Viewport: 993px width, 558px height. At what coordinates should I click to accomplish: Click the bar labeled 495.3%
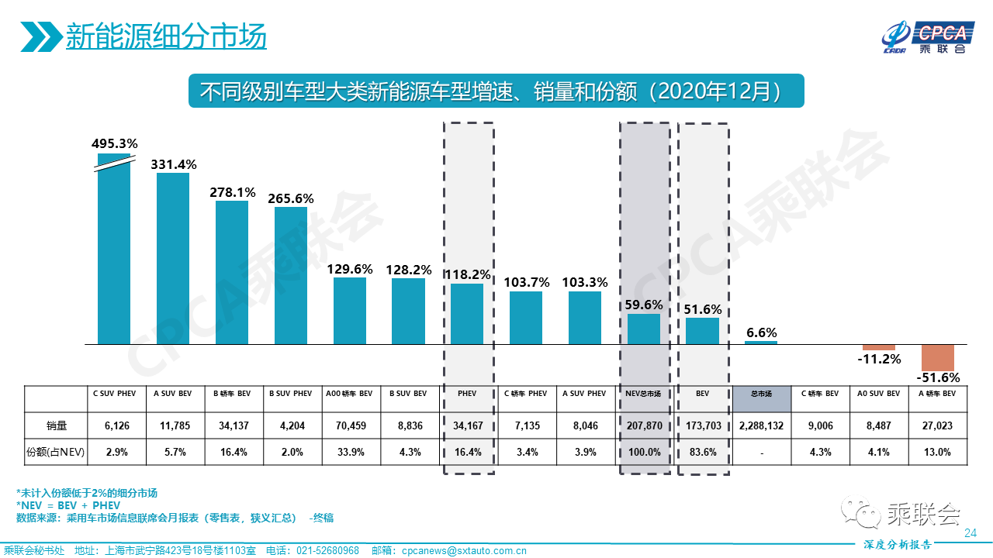click(x=113, y=248)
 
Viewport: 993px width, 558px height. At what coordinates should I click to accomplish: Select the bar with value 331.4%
click(x=173, y=258)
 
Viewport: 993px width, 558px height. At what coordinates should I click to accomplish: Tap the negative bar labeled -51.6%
click(x=938, y=357)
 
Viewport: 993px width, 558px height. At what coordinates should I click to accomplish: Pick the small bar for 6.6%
click(x=761, y=342)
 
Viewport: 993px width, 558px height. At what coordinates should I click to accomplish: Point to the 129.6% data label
click(x=350, y=269)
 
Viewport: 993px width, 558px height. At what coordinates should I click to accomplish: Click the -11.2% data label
click(x=879, y=359)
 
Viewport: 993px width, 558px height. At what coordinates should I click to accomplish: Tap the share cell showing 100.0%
click(x=644, y=452)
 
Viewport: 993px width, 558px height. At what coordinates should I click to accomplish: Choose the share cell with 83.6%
click(x=702, y=452)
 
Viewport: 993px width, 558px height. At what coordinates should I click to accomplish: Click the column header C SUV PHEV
click(x=114, y=394)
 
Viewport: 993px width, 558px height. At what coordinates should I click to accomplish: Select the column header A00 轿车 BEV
click(x=350, y=394)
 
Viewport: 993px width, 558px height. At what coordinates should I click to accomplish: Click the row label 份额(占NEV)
click(x=55, y=452)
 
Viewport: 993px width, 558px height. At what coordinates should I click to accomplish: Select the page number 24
click(x=970, y=532)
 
